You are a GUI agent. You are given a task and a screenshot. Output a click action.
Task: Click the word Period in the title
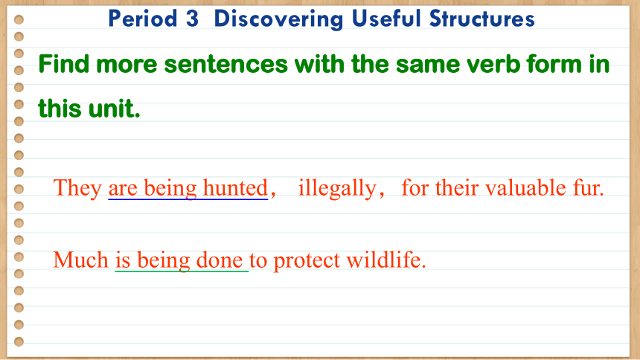142,19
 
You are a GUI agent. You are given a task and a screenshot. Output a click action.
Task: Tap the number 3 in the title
192,19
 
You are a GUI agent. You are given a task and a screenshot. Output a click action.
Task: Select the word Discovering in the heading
278,19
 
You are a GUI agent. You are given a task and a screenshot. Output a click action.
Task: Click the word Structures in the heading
481,19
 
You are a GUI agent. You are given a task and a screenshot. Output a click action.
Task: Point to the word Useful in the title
385,19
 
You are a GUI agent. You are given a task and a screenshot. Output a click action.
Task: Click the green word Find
64,64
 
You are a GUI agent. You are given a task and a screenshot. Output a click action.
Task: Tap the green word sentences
225,65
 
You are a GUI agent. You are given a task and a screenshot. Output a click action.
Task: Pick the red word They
77,189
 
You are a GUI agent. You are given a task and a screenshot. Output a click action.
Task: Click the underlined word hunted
235,188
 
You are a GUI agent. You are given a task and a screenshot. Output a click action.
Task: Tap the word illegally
337,189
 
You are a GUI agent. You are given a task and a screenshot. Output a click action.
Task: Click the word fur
588,188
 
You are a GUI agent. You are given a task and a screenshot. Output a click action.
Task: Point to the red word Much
81,260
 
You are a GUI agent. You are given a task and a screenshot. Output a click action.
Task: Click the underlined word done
220,260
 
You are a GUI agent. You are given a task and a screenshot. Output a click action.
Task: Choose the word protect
307,261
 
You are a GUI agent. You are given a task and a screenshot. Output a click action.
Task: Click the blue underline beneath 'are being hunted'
188,199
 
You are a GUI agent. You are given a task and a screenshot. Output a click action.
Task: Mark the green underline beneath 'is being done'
182,271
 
